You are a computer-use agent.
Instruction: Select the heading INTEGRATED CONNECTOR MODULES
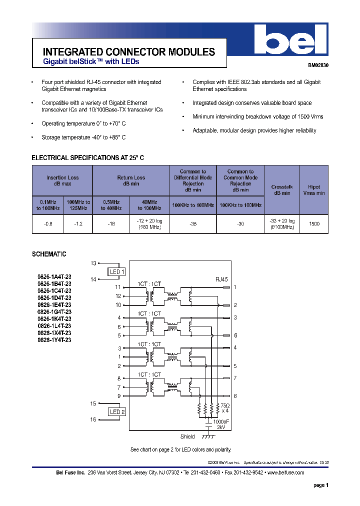click(129, 52)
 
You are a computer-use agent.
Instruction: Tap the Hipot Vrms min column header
click(314, 189)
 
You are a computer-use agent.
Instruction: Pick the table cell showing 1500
click(314, 224)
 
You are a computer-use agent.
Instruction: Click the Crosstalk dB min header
click(282, 189)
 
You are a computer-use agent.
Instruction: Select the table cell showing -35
click(192, 224)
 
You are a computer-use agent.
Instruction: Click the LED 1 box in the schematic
click(117, 272)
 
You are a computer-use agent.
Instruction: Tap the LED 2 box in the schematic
click(117, 411)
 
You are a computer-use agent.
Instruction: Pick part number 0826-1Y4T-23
click(54, 339)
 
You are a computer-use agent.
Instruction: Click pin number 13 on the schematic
click(93, 263)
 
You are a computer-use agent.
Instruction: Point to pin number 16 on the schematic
click(93, 419)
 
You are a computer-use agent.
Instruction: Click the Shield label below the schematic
click(187, 436)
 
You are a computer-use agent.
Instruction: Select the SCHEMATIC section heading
click(49, 254)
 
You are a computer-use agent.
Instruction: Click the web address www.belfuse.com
click(285, 472)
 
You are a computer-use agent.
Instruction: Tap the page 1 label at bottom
click(320, 485)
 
